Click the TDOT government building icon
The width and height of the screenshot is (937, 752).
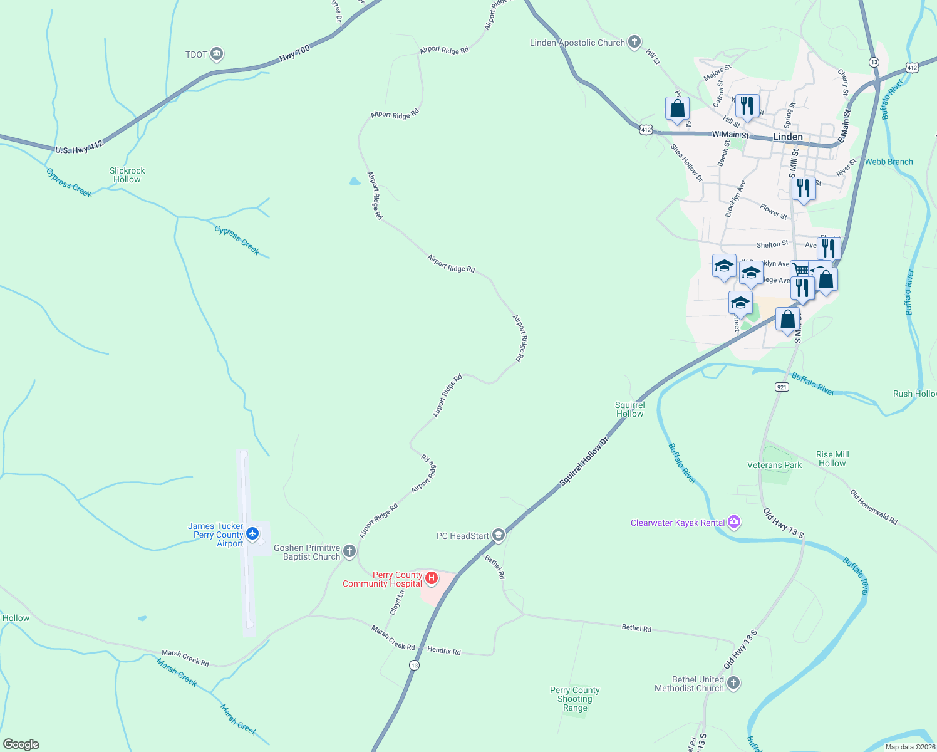click(x=217, y=55)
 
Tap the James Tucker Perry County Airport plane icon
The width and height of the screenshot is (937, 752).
click(x=252, y=534)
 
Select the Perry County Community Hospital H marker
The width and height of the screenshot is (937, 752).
click(x=431, y=578)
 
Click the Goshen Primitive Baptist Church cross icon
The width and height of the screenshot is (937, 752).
click(x=349, y=551)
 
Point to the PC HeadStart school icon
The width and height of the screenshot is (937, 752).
click(x=499, y=535)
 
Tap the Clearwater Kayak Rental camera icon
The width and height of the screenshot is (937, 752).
click(x=734, y=522)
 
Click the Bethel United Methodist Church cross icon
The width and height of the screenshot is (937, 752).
click(x=733, y=683)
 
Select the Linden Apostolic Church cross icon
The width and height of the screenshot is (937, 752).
click(x=634, y=43)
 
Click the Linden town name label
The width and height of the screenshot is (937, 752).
click(x=787, y=137)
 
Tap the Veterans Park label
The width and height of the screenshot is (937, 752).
click(x=774, y=465)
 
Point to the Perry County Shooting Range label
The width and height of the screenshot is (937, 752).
click(x=574, y=699)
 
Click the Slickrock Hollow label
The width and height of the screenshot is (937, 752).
click(x=127, y=175)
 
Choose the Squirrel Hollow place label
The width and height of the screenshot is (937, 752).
click(x=629, y=409)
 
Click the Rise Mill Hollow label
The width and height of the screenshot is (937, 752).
click(x=832, y=459)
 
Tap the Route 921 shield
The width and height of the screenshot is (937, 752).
click(x=781, y=387)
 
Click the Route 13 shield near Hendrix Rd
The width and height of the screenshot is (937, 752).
click(x=414, y=665)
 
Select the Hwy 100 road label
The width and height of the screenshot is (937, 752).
click(x=294, y=53)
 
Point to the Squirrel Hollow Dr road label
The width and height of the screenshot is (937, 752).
click(x=584, y=461)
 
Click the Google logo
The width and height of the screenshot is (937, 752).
click(x=21, y=744)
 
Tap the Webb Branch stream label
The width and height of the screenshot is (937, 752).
click(x=889, y=162)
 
